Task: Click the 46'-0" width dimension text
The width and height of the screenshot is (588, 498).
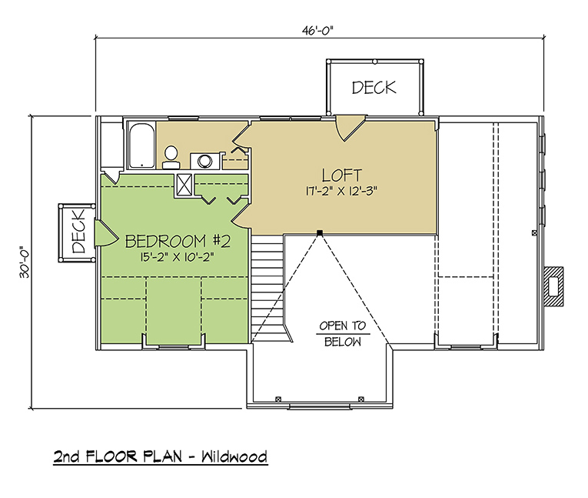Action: click(317, 31)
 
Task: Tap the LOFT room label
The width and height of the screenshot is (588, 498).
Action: click(341, 175)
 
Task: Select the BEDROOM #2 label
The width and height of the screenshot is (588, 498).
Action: click(178, 241)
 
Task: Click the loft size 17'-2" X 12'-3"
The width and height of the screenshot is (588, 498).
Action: click(341, 191)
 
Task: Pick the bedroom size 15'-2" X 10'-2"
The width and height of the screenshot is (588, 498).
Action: click(178, 257)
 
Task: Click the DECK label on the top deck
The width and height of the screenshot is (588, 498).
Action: click(374, 88)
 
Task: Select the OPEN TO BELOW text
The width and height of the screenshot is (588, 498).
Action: click(343, 333)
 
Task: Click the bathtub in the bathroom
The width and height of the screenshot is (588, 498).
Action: click(141, 145)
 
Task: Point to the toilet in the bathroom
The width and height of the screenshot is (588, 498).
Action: click(171, 157)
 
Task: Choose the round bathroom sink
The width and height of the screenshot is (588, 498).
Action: click(205, 161)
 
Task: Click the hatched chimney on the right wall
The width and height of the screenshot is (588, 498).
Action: click(553, 287)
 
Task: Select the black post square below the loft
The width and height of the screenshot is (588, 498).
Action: click(320, 233)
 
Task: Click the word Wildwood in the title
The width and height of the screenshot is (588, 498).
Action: click(234, 456)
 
